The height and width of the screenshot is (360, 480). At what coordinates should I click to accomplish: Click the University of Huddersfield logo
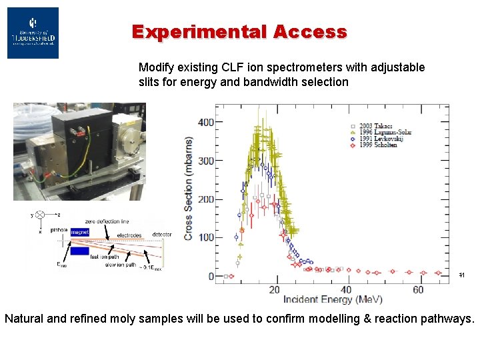point(33,33)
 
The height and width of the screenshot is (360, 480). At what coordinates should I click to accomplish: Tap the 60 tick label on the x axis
point(417,289)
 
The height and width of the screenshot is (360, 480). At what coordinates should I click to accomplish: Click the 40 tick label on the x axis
point(346,289)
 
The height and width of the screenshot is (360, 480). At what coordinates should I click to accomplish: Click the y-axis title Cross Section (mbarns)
point(189,189)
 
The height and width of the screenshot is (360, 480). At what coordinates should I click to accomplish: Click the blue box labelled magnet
point(80,232)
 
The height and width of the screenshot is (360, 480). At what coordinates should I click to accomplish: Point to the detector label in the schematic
point(161,235)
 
